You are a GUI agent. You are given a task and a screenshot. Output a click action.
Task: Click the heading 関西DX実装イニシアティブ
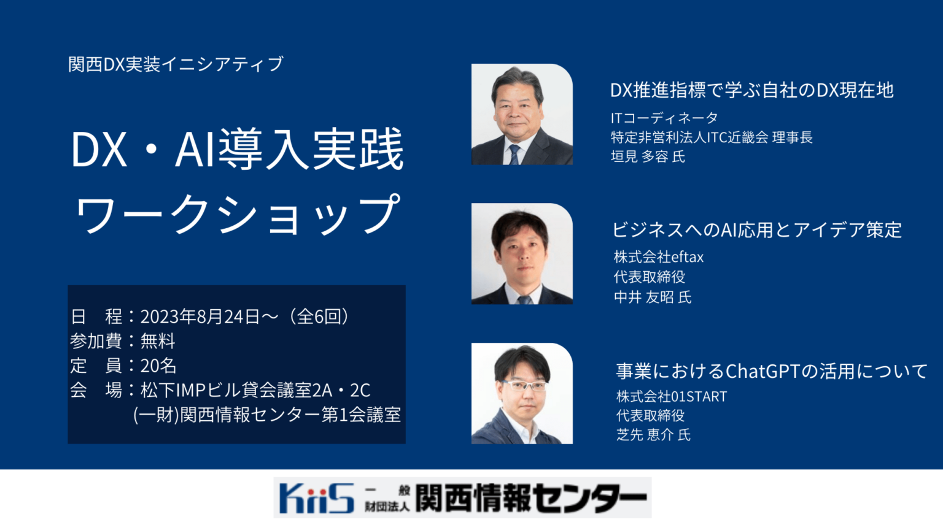pyautogui.click(x=176, y=64)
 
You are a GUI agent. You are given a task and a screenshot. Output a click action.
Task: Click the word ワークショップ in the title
pyautogui.click(x=238, y=214)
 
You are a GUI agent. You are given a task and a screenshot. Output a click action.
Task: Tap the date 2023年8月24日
pyautogui.click(x=200, y=317)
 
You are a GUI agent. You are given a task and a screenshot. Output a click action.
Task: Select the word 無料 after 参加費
pyautogui.click(x=158, y=341)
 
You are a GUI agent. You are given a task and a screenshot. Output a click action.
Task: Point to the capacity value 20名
pyautogui.click(x=158, y=366)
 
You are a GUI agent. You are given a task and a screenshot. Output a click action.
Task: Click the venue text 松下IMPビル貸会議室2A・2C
pyautogui.click(x=255, y=390)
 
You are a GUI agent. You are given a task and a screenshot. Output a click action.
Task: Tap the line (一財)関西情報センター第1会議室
pyautogui.click(x=267, y=415)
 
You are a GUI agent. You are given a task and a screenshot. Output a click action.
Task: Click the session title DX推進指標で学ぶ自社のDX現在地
pyautogui.click(x=751, y=90)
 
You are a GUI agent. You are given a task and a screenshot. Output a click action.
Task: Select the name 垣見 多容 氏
pyautogui.click(x=648, y=157)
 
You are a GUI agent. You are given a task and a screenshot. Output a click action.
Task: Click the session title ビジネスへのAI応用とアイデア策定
pyautogui.click(x=756, y=230)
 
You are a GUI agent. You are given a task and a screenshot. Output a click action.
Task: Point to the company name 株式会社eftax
pyautogui.click(x=659, y=257)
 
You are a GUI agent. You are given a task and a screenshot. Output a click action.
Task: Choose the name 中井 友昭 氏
pyautogui.click(x=653, y=298)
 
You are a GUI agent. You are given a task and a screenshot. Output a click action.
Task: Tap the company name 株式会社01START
pyautogui.click(x=672, y=397)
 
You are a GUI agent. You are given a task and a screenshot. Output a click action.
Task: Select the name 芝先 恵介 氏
pyautogui.click(x=654, y=435)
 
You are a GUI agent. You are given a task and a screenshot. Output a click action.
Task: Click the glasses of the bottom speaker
pyautogui.click(x=524, y=386)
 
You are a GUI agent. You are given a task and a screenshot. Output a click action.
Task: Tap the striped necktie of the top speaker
pyautogui.click(x=514, y=154)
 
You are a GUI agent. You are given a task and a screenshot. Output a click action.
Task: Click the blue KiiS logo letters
pyautogui.click(x=316, y=497)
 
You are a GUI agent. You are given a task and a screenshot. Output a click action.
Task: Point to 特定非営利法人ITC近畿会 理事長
pyautogui.click(x=712, y=137)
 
